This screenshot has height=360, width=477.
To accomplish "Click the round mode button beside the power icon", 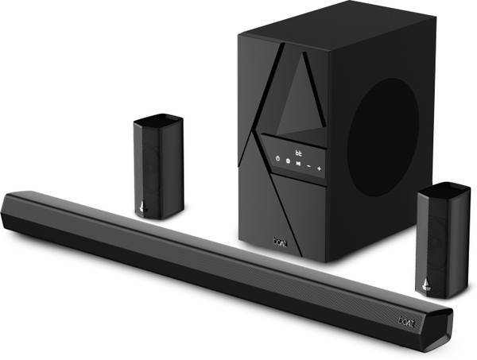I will [287, 161].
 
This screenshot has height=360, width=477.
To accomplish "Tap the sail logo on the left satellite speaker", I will [142, 206].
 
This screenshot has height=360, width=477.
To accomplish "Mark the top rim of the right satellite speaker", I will [446, 188].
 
